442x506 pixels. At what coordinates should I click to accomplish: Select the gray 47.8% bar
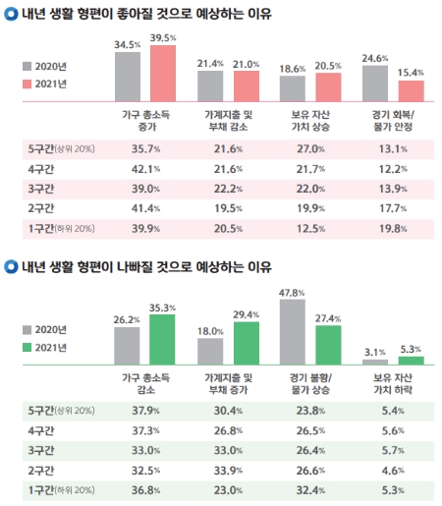click(x=293, y=332)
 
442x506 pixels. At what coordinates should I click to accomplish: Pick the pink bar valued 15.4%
click(x=411, y=90)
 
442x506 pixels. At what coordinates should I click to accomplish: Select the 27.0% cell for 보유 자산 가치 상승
click(x=310, y=148)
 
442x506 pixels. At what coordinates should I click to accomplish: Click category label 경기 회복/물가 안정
click(x=393, y=120)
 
